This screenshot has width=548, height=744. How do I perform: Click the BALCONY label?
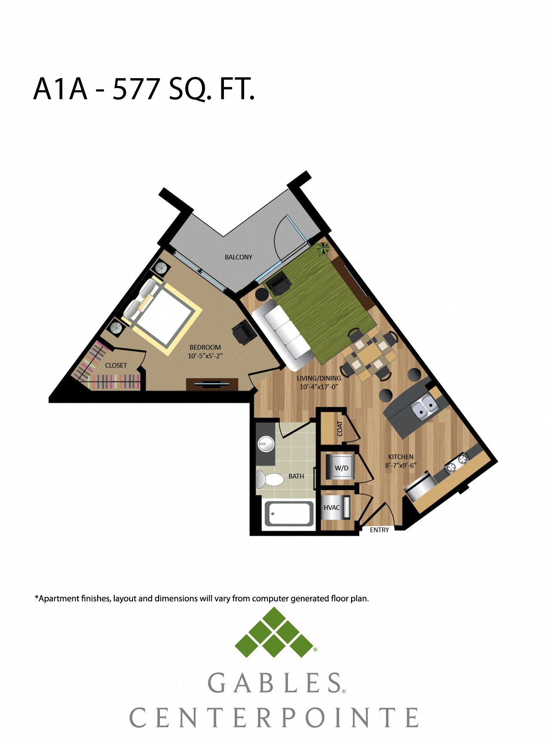click(x=239, y=257)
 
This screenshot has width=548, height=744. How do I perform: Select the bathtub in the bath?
click(x=289, y=513)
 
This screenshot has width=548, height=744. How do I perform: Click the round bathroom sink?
click(x=266, y=444)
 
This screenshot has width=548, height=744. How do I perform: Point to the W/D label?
click(x=342, y=468)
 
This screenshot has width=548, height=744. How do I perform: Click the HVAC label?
click(x=332, y=507)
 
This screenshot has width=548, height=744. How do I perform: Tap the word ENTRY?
click(x=380, y=530)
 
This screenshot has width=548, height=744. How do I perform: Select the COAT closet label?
click(x=340, y=428)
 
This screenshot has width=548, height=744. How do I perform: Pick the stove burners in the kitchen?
click(x=457, y=463)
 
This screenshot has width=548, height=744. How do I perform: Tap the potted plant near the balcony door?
click(x=323, y=248)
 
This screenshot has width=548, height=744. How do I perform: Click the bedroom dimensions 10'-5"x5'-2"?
click(x=205, y=356)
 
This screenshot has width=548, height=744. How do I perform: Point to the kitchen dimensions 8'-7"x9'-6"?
click(x=401, y=465)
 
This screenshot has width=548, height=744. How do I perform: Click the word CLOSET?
click(x=116, y=365)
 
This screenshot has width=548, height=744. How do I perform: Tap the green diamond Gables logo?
click(x=274, y=632)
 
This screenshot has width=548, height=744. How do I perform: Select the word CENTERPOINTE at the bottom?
click(x=274, y=717)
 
